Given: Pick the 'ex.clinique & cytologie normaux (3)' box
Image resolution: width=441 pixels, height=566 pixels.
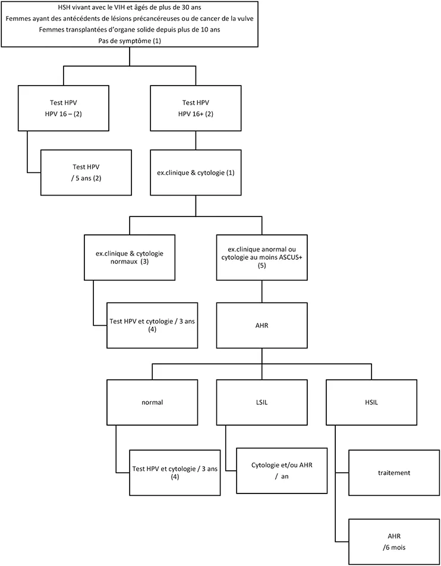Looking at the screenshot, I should pos(130,257).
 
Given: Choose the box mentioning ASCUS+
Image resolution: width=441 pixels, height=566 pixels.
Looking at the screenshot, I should pos(262,257).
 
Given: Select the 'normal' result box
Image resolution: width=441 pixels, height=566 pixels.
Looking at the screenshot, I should pos(152,402).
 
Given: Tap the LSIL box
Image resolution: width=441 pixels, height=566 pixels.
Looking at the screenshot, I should pos(262,402).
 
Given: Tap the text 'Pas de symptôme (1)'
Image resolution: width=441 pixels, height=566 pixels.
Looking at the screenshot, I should pos(130,40).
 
